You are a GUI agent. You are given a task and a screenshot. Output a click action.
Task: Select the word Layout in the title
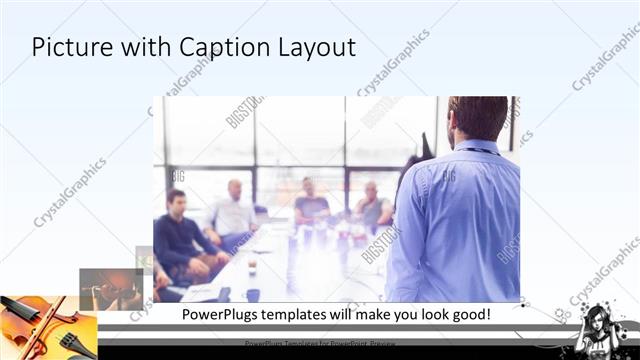click(314, 48)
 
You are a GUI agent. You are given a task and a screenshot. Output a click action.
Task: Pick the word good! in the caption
click(466, 314)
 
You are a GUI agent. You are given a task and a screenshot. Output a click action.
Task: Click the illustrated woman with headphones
click(601, 326)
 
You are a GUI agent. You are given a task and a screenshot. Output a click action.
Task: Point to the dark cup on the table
click(252, 294)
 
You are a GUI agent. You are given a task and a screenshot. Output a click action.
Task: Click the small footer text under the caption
click(320, 343)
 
